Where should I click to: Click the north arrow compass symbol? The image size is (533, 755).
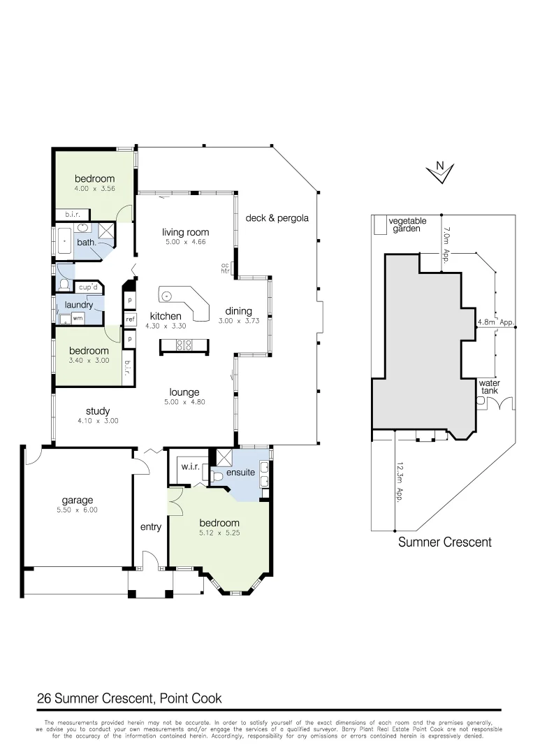click(440, 172)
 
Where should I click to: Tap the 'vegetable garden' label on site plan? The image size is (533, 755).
click(407, 225)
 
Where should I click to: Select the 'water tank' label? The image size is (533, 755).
click(488, 387)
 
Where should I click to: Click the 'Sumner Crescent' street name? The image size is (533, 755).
click(444, 542)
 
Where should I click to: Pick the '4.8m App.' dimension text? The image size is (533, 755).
click(495, 323)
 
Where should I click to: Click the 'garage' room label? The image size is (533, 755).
click(77, 501)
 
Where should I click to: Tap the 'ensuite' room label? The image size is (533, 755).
click(240, 473)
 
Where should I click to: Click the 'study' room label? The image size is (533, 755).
click(98, 411)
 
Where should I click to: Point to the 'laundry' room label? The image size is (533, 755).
click(79, 305)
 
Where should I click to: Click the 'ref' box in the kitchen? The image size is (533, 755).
click(130, 319)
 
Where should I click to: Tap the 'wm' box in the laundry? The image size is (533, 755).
click(78, 318)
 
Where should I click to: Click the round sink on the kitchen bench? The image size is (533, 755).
click(168, 295)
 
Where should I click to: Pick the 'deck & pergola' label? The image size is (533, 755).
click(277, 218)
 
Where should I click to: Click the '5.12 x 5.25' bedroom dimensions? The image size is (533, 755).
click(219, 534)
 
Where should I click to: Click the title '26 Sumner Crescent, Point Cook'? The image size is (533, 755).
click(129, 698)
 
